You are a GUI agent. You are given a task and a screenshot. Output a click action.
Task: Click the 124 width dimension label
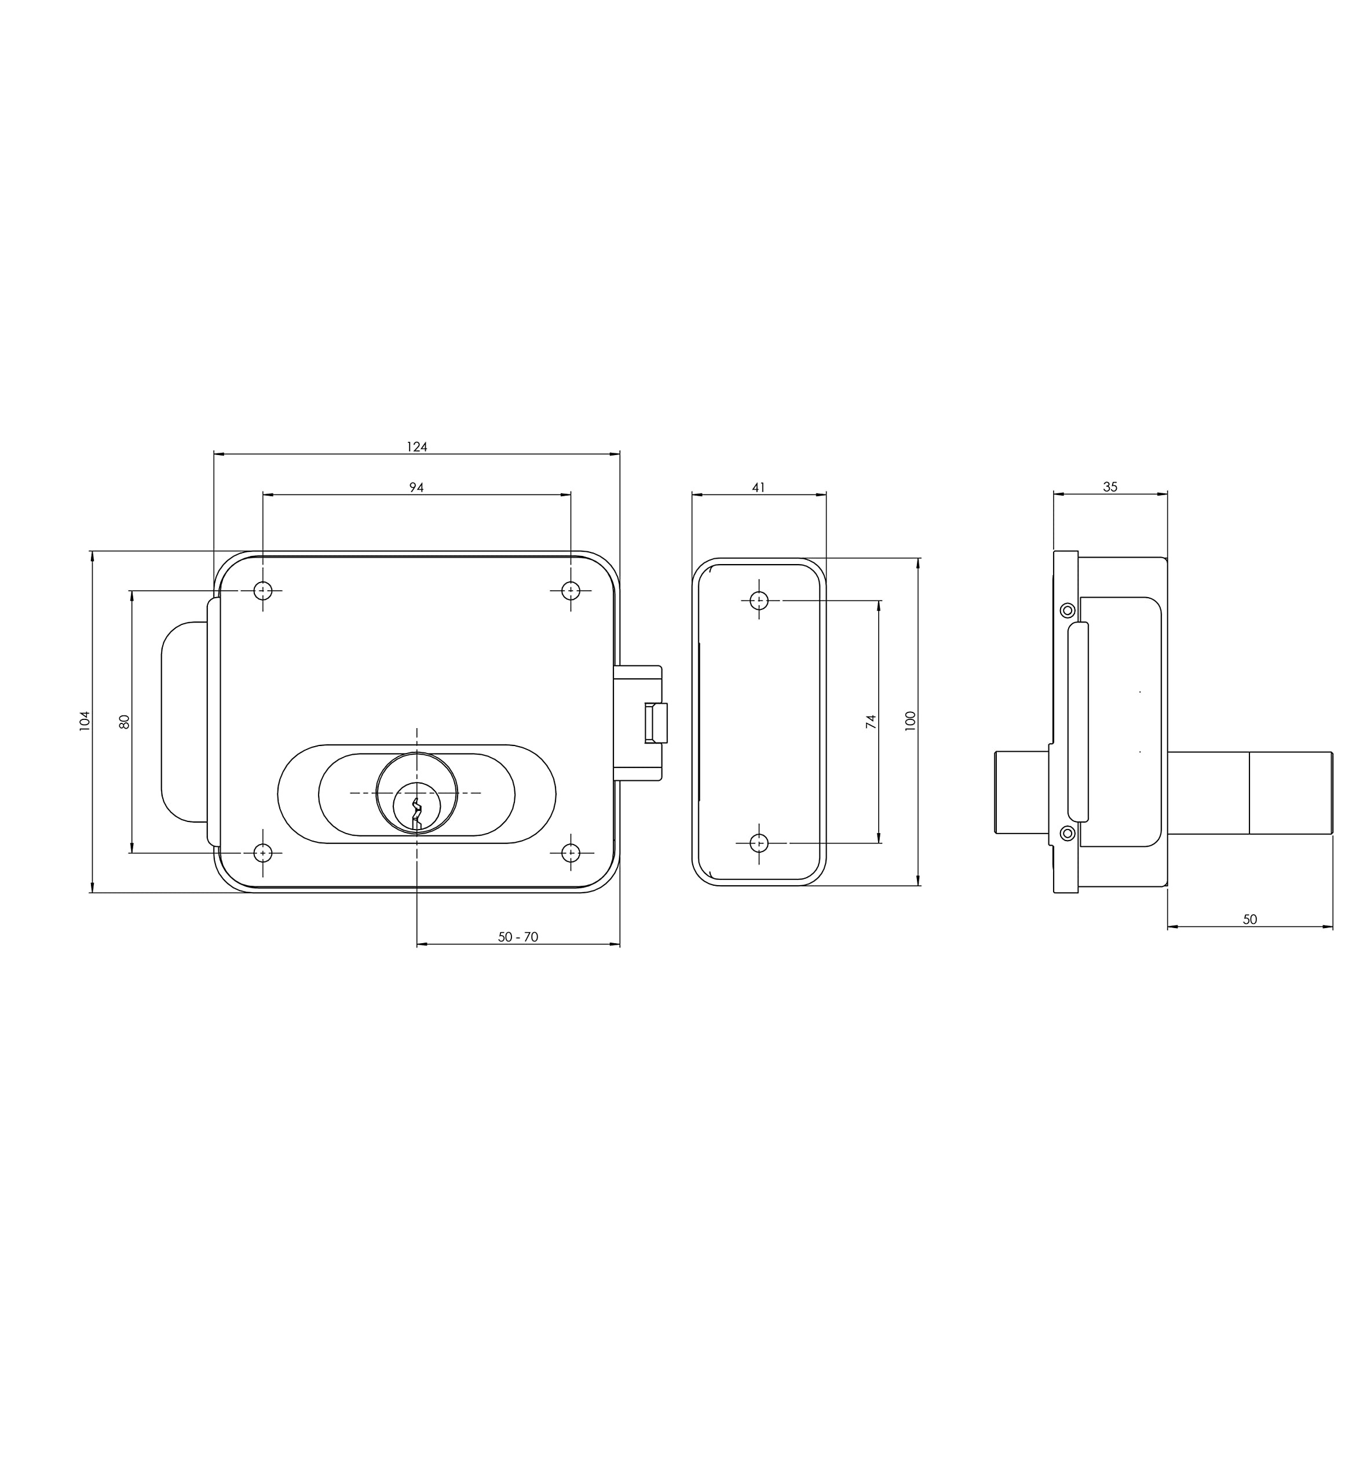[416, 447]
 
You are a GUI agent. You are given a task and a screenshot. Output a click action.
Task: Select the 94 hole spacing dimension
[416, 488]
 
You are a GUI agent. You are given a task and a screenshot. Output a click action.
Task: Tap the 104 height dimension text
[85, 721]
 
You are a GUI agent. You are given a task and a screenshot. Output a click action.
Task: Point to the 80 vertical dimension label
[125, 722]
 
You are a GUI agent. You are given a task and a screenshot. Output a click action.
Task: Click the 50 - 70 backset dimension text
[518, 937]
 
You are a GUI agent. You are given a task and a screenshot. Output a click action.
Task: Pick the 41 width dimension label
[758, 488]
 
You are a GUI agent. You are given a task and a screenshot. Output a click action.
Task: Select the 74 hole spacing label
[871, 722]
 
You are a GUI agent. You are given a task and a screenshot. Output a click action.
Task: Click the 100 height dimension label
[910, 721]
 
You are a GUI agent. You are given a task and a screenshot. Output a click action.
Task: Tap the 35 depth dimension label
[1110, 487]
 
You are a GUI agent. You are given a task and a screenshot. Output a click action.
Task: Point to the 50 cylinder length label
[1249, 919]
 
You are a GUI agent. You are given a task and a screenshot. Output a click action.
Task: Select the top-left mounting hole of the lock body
[262, 591]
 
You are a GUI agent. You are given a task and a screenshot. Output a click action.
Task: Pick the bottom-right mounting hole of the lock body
[571, 853]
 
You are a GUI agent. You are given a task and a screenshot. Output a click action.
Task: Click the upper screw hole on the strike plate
[759, 600]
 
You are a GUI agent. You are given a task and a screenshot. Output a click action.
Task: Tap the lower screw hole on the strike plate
[759, 843]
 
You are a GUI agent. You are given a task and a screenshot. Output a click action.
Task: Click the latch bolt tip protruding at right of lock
[657, 722]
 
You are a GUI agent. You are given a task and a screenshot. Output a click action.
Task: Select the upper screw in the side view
[1068, 610]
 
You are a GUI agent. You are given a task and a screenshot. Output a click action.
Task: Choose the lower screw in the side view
[1068, 834]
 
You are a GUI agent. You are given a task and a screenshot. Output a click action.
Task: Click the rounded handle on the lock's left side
[182, 722]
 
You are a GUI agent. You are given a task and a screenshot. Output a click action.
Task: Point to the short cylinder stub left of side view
[1021, 792]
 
